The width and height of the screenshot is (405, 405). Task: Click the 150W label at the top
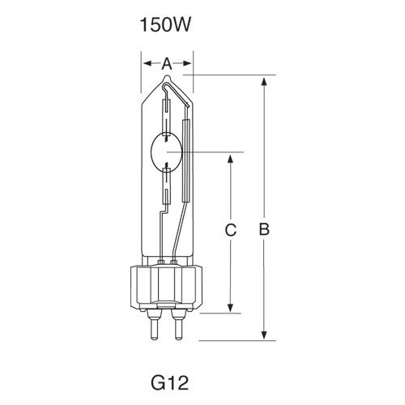[165, 25]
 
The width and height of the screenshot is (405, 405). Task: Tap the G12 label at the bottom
[169, 382]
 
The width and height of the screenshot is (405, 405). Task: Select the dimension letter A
[167, 64]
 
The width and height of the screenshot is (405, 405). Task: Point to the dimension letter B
[264, 229]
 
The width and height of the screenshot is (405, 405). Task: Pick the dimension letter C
[231, 230]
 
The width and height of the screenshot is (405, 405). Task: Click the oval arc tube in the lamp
[166, 152]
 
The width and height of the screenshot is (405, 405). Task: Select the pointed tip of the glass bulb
[167, 76]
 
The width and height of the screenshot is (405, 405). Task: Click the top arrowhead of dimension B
[264, 82]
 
